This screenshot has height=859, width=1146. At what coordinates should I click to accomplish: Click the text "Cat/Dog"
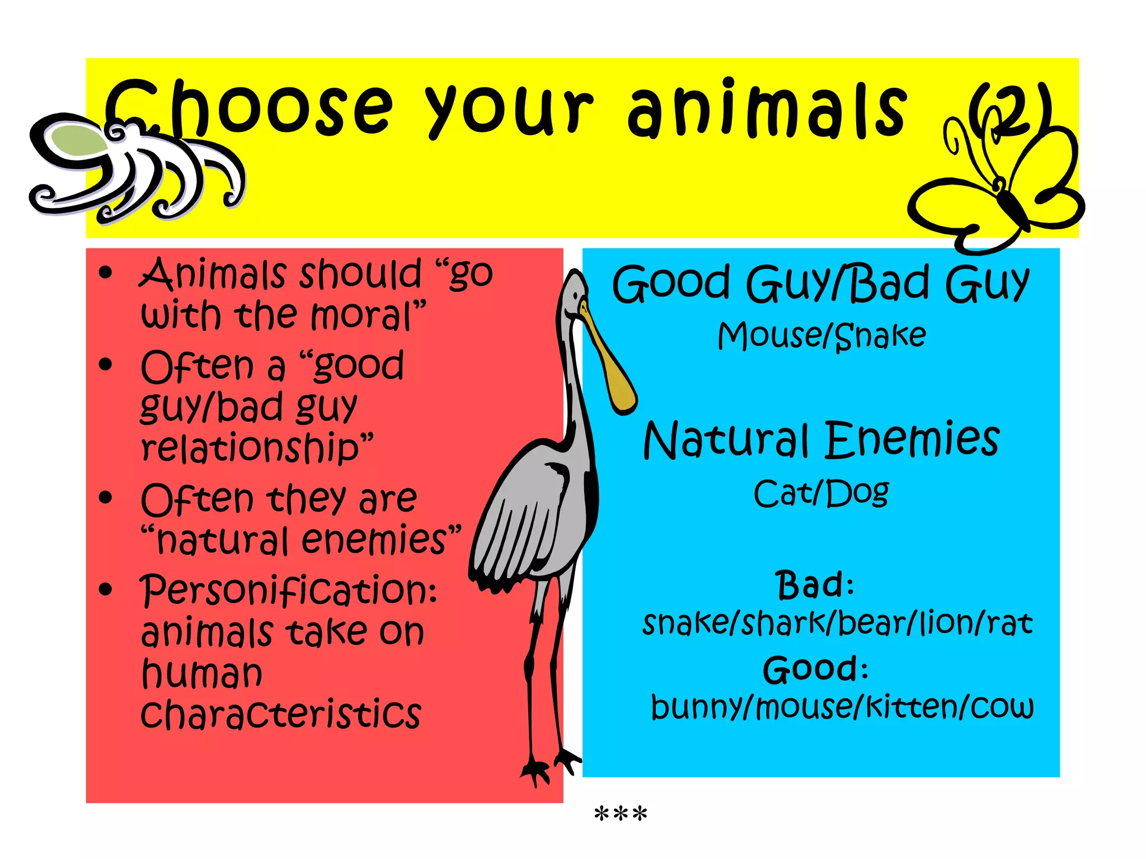tap(821, 493)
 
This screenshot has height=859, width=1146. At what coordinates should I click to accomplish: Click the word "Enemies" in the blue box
tap(912, 440)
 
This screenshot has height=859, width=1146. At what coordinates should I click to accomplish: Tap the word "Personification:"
tap(288, 590)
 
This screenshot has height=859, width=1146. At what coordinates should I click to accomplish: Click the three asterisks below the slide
tap(620, 814)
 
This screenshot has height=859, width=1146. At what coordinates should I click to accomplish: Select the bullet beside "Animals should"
tap(105, 273)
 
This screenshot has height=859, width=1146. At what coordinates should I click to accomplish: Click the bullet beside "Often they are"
tap(105, 497)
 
